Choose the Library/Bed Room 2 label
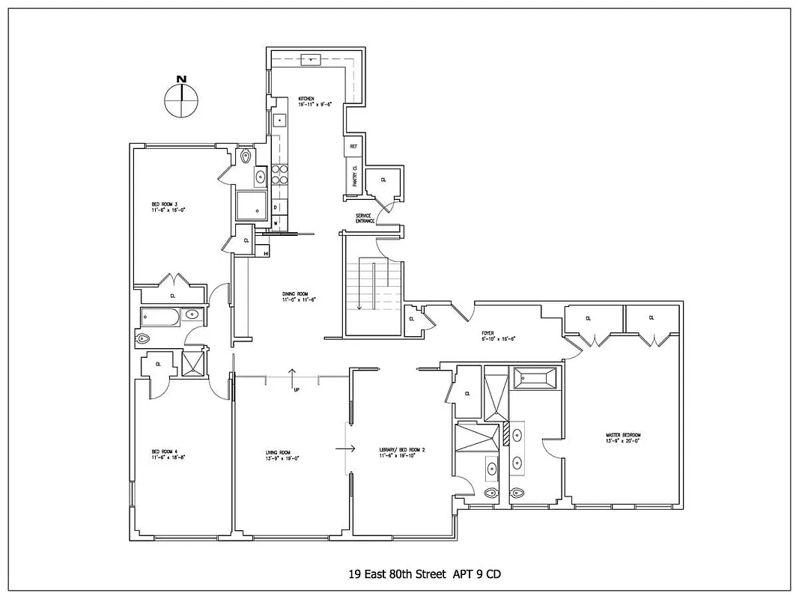tap(401, 452)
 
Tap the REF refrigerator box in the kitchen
tap(353, 148)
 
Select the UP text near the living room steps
tap(297, 389)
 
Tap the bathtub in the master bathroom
tap(535, 377)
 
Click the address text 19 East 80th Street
tap(398, 574)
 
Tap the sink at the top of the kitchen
tap(311, 60)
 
